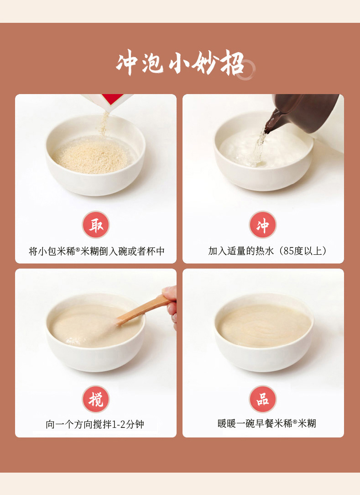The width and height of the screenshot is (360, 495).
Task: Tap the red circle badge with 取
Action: (96, 225)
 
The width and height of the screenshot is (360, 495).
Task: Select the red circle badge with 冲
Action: (262, 225)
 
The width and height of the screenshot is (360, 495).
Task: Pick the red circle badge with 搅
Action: (96, 399)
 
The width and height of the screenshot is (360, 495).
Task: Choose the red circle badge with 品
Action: (262, 399)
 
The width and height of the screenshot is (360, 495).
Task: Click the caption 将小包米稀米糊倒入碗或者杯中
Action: (97, 251)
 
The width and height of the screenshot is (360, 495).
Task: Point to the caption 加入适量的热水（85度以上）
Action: (267, 251)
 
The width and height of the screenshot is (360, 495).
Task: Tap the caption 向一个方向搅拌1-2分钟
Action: (94, 424)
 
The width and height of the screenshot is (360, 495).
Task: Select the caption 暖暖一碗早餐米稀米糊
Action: (266, 424)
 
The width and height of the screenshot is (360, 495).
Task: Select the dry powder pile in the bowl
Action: (91, 157)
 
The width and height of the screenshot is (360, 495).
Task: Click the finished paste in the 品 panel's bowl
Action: (264, 325)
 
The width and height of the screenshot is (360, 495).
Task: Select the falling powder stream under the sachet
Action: (104, 124)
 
